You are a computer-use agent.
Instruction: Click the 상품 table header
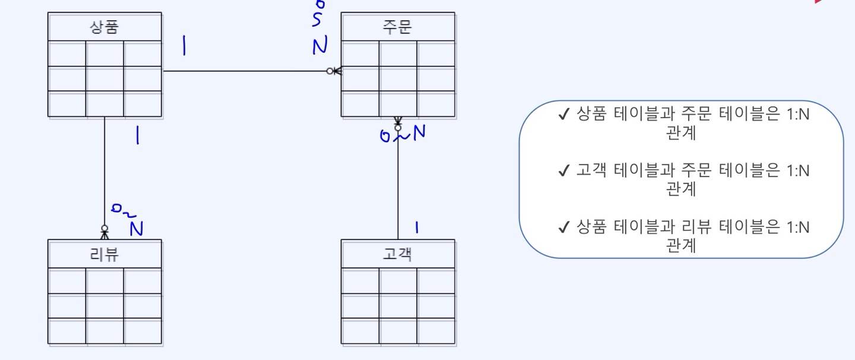tap(104, 27)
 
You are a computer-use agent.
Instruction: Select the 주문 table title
tap(397, 27)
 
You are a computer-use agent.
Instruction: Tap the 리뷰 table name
tap(104, 254)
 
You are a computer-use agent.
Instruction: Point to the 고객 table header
tap(397, 254)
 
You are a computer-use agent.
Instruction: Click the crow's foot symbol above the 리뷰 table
tap(104, 232)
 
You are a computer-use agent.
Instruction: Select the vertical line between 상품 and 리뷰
tap(104, 171)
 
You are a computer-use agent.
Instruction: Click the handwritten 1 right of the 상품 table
tap(184, 46)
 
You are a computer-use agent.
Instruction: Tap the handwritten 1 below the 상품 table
tap(137, 135)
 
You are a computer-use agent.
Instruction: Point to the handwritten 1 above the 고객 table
tap(417, 228)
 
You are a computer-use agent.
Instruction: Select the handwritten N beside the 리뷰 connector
tap(137, 229)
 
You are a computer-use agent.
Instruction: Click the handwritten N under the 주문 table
tap(419, 132)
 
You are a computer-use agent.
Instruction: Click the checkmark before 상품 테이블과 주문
tap(564, 114)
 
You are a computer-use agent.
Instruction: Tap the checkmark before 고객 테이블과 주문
tap(564, 170)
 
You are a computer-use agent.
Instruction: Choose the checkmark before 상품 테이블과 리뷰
tap(564, 227)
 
